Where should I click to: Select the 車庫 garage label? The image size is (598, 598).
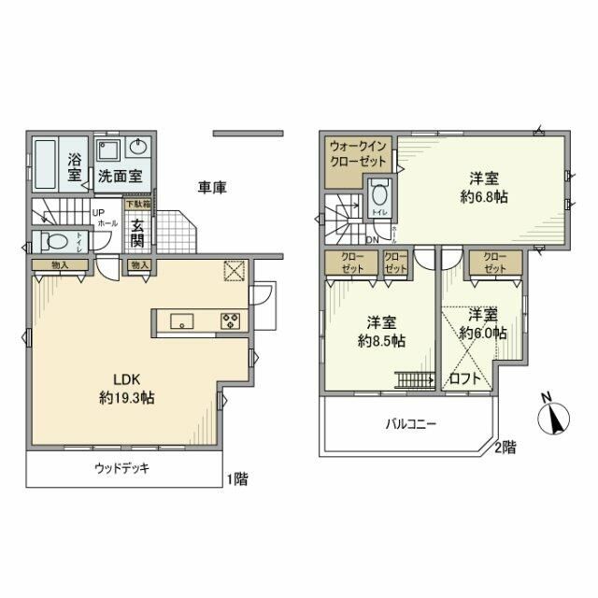coord(213,187)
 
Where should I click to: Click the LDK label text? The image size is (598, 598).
coord(127,380)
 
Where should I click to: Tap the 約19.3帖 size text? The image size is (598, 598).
coord(127,398)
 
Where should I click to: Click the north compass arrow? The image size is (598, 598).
coord(558,415)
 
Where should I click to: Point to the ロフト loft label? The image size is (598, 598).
coord(465,379)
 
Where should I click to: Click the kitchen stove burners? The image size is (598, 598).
coord(230,322)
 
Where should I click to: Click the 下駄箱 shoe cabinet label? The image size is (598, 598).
coord(137,204)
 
